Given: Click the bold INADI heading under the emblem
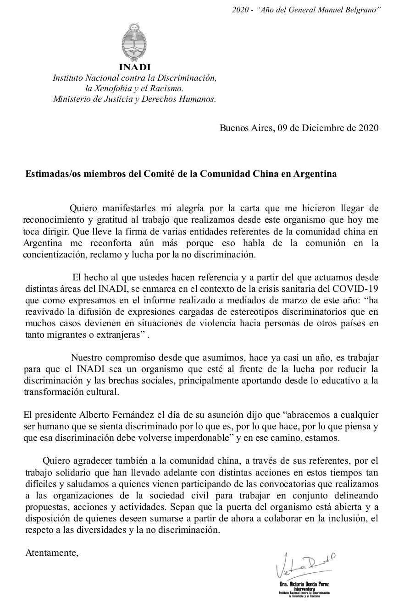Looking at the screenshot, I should coord(134,67).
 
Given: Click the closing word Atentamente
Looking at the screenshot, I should coord(51,553).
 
